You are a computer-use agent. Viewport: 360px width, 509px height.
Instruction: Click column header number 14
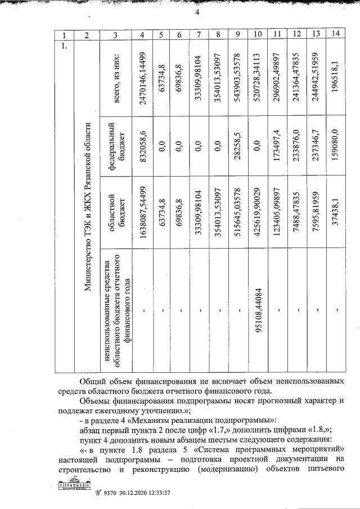pos(335,34)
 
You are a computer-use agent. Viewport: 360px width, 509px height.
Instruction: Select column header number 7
pos(199,35)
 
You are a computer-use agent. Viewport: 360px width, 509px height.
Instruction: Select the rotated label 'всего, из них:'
pos(115,78)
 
